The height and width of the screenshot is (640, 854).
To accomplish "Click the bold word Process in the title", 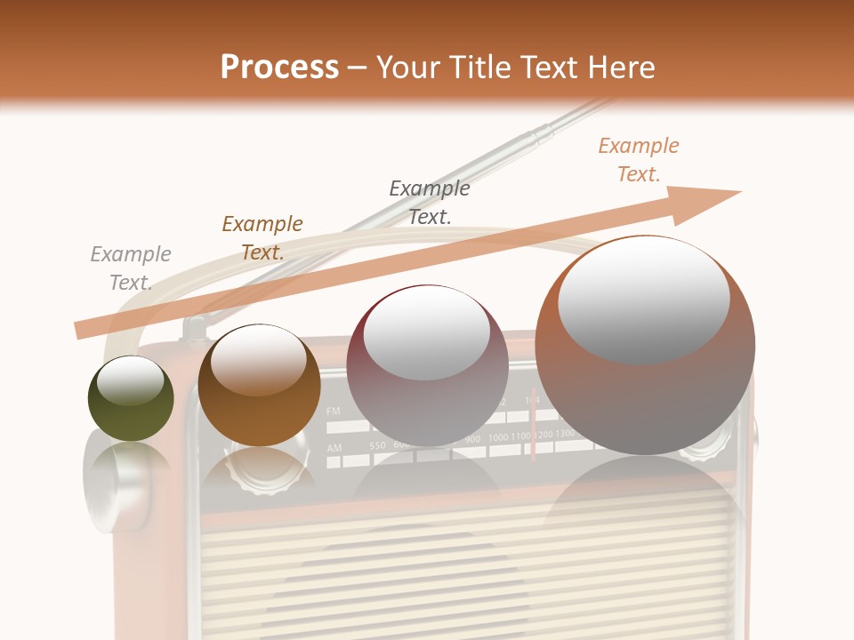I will tap(279, 68).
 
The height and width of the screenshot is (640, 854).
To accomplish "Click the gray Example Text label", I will tap(131, 268).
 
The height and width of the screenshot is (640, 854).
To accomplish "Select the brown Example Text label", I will tap(262, 238).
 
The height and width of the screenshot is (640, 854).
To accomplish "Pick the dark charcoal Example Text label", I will tap(430, 202).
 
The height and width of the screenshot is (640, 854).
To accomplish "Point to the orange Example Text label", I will tap(638, 160).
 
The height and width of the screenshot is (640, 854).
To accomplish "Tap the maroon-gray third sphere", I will tap(428, 365).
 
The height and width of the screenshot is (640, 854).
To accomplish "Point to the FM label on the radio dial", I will tap(334, 412).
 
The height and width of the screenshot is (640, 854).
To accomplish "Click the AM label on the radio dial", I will tap(334, 449).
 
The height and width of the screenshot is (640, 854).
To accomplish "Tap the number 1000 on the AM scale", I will tap(498, 437).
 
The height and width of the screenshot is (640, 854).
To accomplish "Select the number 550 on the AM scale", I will tap(378, 444).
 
